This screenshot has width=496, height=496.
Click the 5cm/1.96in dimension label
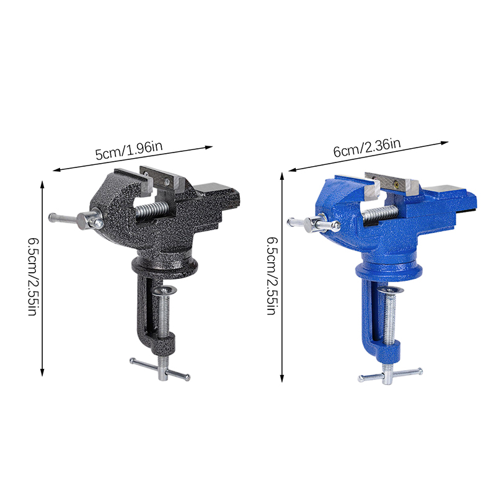tap(129, 151)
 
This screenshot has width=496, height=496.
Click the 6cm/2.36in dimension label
tap(367, 148)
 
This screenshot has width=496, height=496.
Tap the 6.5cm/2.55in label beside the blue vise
tap(272, 276)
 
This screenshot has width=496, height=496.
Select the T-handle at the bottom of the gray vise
tap(160, 369)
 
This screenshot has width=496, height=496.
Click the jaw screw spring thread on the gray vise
tap(152, 210)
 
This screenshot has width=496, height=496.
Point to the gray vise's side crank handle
tap(76, 219)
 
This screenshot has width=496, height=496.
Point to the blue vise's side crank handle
tap(313, 224)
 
